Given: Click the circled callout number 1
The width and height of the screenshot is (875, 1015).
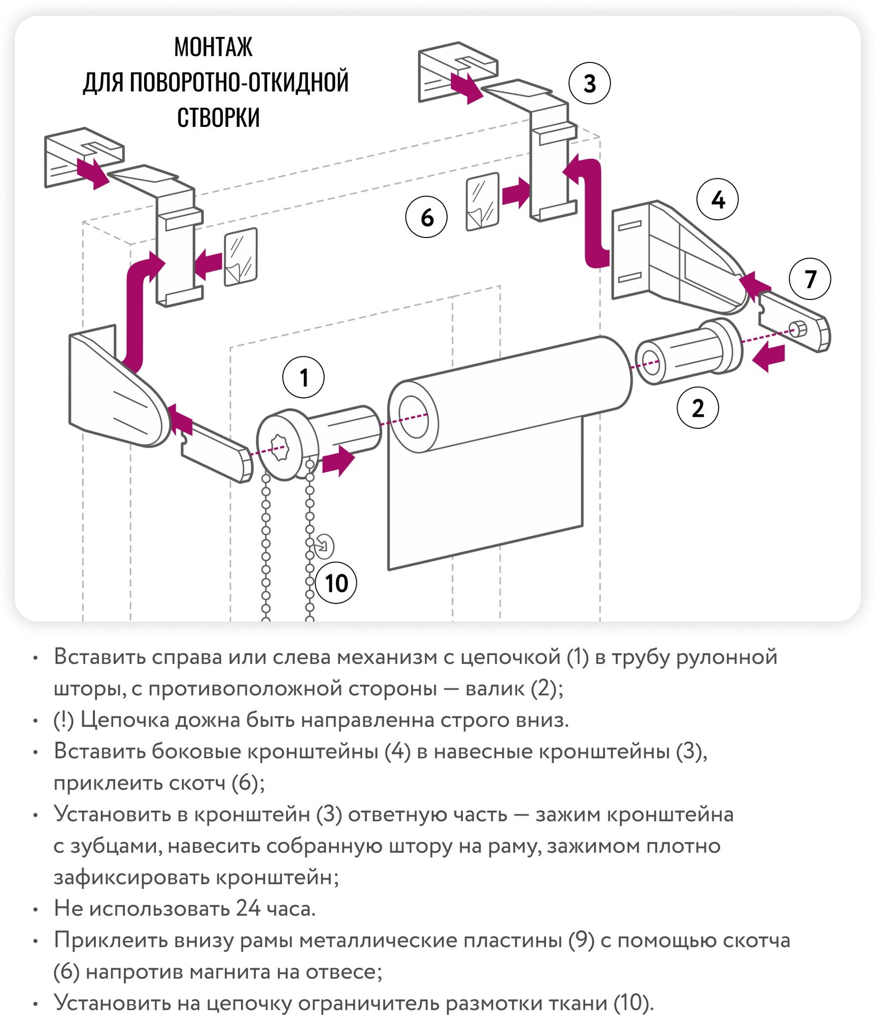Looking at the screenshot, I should click(x=303, y=377).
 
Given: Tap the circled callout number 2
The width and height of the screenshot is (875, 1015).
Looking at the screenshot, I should click(x=697, y=408).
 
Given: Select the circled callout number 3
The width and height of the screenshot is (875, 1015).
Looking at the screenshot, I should click(x=589, y=83).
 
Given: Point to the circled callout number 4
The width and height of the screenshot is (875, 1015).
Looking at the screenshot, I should click(x=717, y=199).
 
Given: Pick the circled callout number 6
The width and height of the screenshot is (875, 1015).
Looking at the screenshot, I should click(x=426, y=217).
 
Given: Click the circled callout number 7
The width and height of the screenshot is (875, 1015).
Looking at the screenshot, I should click(x=810, y=279).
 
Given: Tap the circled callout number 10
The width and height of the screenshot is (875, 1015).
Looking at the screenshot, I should click(x=336, y=583).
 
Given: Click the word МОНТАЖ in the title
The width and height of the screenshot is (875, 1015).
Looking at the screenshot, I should click(x=213, y=47).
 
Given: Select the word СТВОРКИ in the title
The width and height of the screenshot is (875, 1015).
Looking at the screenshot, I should click(x=218, y=118).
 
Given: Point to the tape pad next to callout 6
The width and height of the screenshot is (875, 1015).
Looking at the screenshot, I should click(x=482, y=201).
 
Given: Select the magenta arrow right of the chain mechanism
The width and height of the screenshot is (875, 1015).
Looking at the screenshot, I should click(x=338, y=461).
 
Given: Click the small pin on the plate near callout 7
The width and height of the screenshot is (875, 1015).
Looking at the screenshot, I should click(x=798, y=329).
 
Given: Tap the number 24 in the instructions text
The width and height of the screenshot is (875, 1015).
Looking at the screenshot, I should click(x=248, y=909).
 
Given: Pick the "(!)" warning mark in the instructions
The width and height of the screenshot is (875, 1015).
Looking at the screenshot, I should click(x=64, y=720).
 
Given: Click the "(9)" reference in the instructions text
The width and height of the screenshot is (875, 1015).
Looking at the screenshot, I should click(x=581, y=940).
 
